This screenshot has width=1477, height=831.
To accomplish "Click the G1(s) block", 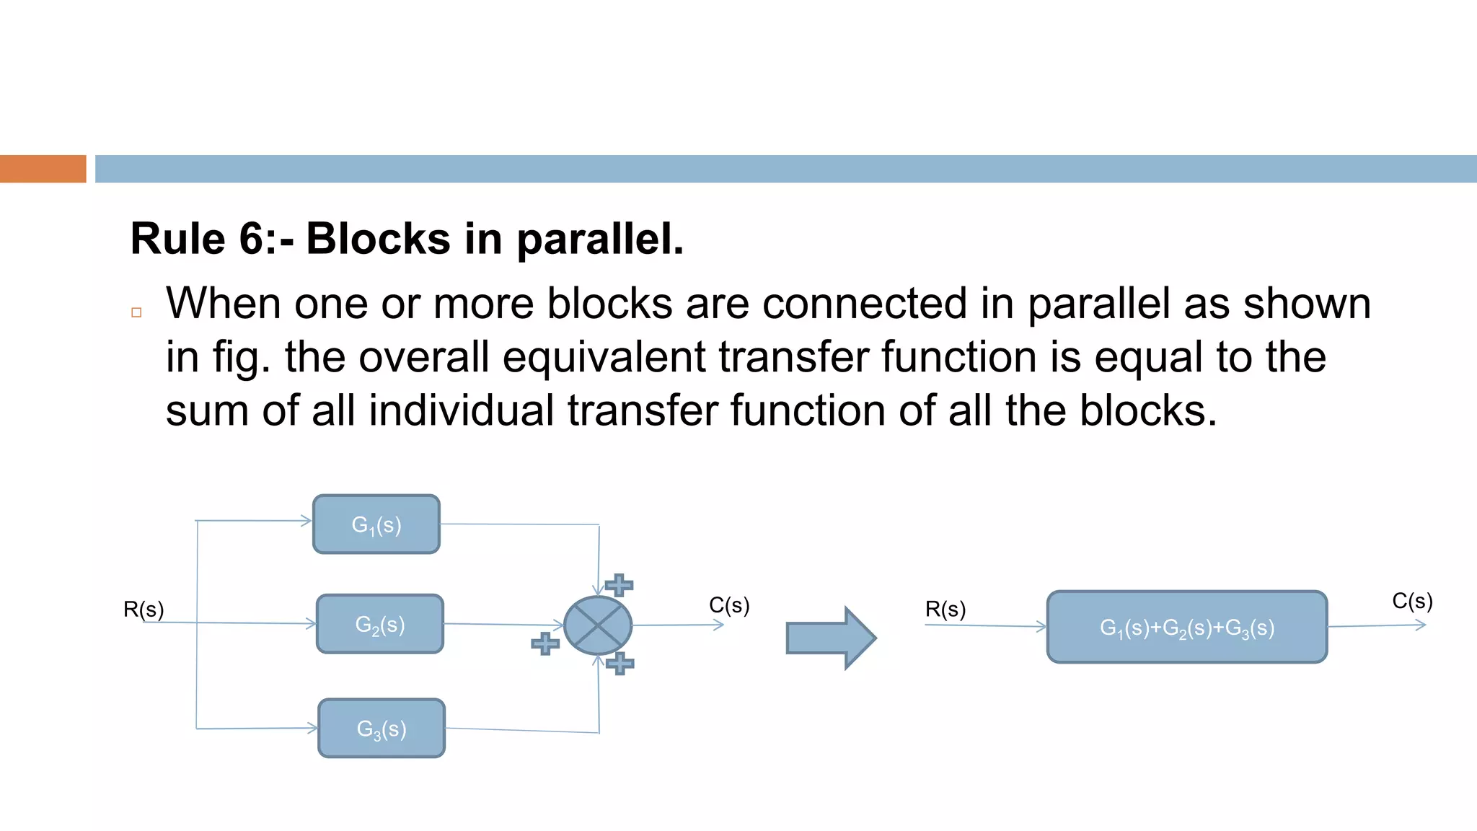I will pos(376,524).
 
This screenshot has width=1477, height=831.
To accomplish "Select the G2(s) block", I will pos(379,624).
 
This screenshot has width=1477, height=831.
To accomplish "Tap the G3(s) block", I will pos(382,729).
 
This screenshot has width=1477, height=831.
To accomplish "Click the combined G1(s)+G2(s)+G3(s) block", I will pos(1186,627).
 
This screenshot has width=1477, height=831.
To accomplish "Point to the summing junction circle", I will pos(598,625).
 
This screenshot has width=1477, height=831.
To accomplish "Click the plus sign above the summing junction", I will pos(619,584).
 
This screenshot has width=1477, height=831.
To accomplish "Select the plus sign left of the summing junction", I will pos(545,643).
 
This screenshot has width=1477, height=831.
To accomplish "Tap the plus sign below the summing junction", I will pos(620,663).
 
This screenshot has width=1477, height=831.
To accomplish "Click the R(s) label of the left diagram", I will pos(144,610).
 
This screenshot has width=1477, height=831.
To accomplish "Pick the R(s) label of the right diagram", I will pos(945,610).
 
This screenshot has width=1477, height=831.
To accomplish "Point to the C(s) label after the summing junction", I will pos(729,605).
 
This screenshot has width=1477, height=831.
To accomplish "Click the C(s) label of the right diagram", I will pos(1411,601).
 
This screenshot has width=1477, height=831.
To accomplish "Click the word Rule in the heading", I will pos(177,239).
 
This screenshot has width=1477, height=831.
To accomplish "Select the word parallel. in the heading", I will pos(600,239).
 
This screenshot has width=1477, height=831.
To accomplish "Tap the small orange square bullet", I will pos(136,312).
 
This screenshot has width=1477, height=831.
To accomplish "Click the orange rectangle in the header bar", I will pos(43,169).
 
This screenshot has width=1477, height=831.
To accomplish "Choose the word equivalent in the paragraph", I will pos(604,357).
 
